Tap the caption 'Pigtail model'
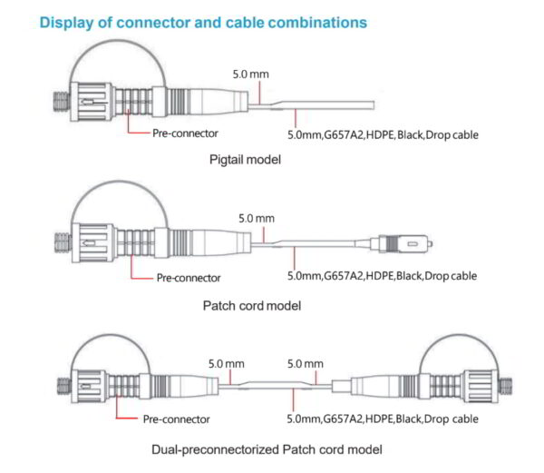point(244,160)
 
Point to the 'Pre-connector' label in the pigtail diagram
point(185,133)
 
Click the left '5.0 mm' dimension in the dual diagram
point(227,363)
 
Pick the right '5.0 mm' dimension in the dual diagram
point(305,363)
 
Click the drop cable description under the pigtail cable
point(382,134)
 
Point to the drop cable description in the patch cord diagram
point(382,275)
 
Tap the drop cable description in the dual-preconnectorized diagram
point(382,419)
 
